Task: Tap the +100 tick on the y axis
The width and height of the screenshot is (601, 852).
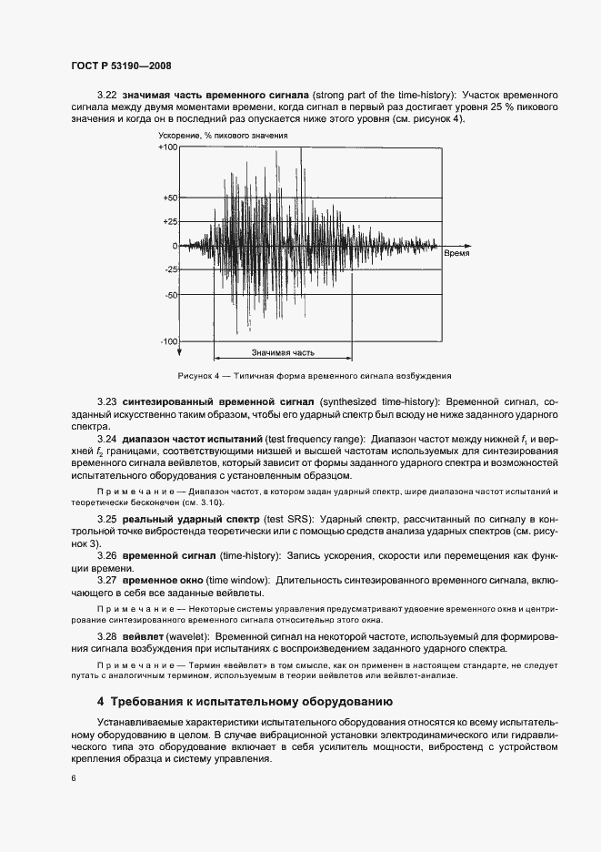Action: (168, 147)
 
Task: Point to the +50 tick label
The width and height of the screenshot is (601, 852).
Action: (170, 198)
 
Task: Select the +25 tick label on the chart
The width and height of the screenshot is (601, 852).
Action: (170, 221)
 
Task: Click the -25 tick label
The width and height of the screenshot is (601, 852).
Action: (171, 270)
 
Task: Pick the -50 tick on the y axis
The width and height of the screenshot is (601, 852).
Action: (171, 295)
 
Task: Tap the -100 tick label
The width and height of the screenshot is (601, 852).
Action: (169, 341)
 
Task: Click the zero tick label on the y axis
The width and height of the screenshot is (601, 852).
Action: (175, 246)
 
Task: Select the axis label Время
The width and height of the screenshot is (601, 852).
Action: (456, 256)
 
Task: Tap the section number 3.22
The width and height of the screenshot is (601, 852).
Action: (107, 95)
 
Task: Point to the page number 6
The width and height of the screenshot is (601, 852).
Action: (73, 778)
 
